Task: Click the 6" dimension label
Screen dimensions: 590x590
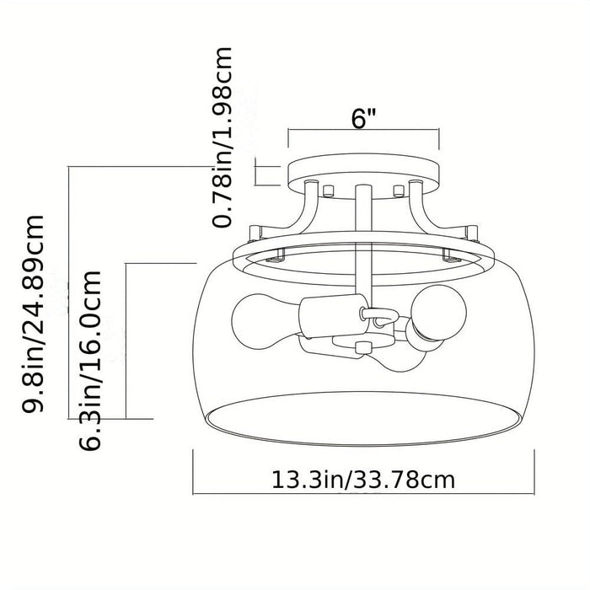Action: coord(362,119)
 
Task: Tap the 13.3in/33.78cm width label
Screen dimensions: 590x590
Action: coord(363,480)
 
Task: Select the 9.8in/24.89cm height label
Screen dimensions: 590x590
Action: coord(33,314)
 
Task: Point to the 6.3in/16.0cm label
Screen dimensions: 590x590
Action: coord(90,361)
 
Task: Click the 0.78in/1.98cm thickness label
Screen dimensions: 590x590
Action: coord(222,137)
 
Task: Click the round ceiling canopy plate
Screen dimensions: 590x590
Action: coord(363,175)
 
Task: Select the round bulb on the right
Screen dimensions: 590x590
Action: coord(439,312)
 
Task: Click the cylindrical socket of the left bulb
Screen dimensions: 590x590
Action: coord(334,315)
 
